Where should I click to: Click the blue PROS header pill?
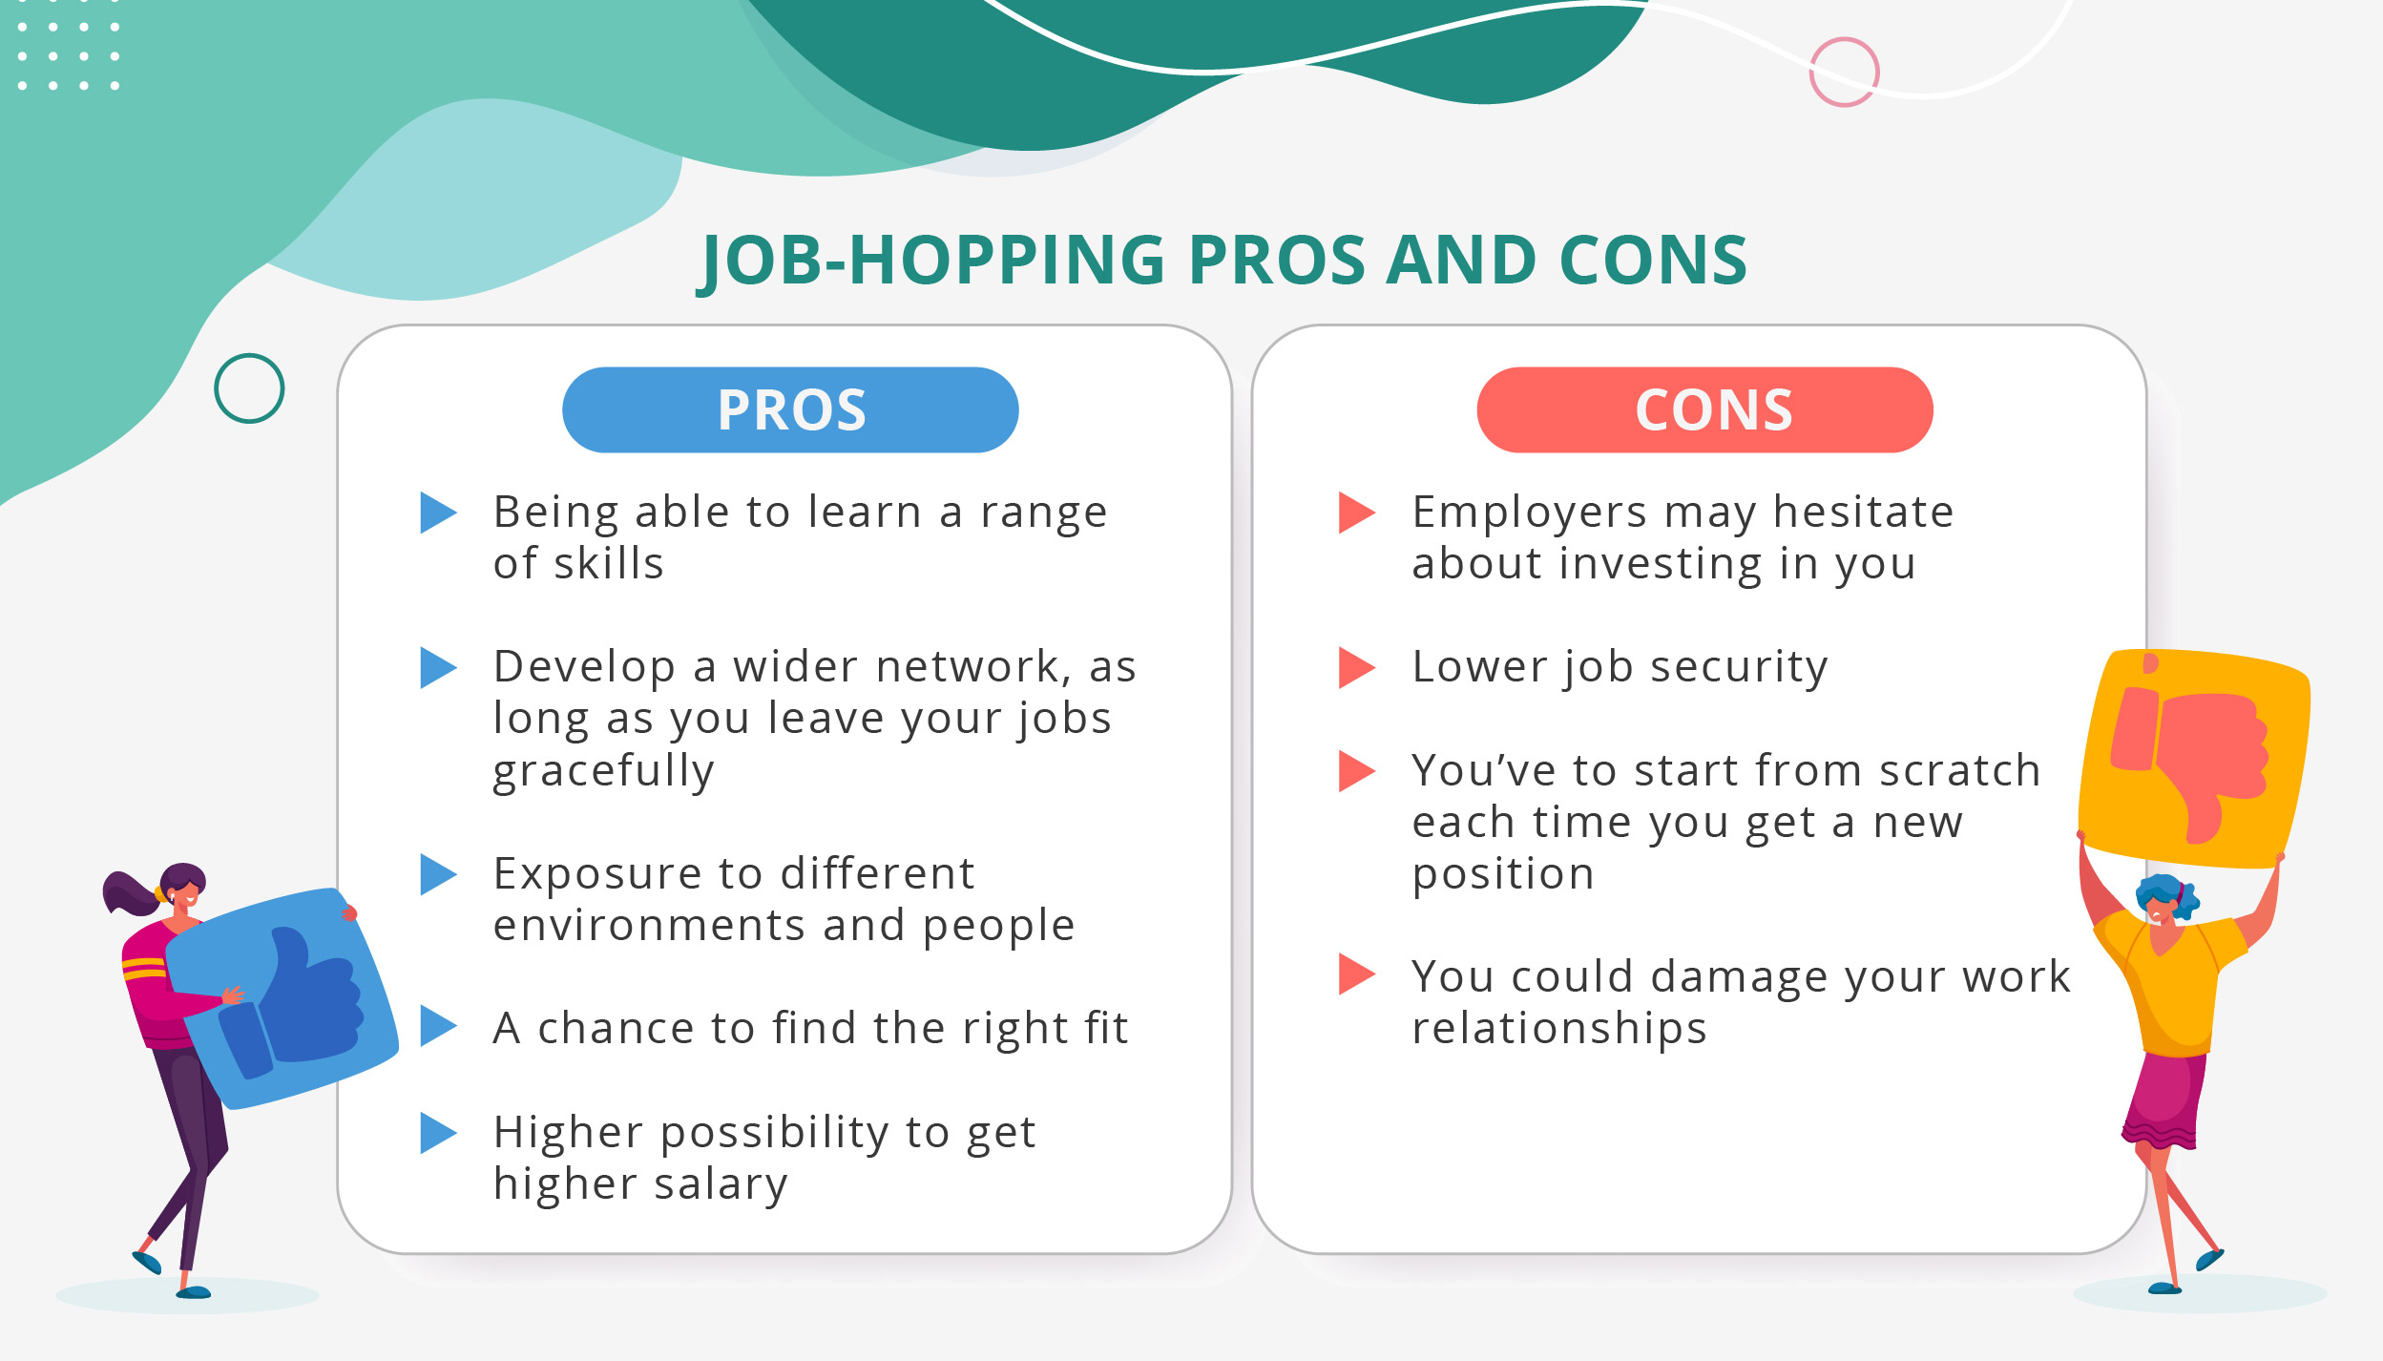790,409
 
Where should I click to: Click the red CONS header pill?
1704,409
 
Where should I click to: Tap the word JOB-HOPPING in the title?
931,261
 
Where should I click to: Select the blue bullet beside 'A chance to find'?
437,1026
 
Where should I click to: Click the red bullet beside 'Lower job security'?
1355,667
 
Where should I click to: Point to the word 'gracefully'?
603,770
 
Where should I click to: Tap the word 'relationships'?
1558,1029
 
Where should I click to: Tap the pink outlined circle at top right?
1844,72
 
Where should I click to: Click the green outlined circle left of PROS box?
249,388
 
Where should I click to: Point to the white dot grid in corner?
68,55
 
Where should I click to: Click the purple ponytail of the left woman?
127,893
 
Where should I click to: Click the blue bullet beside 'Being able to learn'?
437,513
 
